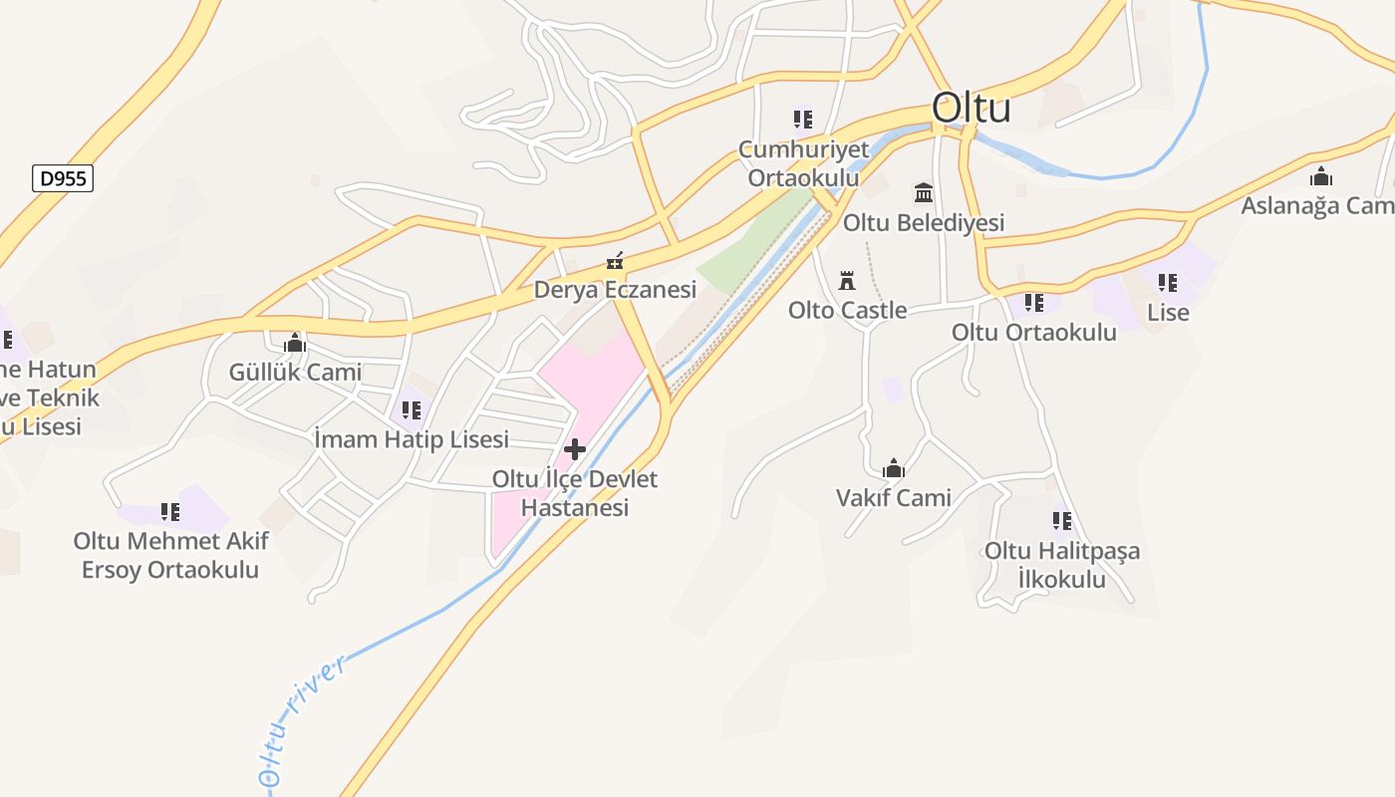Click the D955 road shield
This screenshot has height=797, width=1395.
(x=64, y=179)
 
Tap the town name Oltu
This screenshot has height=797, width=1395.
(x=971, y=108)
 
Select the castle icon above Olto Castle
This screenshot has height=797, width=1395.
(x=847, y=280)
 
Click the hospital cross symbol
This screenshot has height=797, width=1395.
(x=575, y=449)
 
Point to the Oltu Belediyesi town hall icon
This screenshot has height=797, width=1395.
(x=924, y=192)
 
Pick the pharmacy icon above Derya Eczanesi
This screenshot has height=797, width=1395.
(x=615, y=262)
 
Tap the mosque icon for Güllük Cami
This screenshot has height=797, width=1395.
(x=295, y=344)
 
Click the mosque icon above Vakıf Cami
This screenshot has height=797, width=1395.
(x=894, y=468)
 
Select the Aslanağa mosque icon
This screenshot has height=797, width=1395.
(x=1321, y=177)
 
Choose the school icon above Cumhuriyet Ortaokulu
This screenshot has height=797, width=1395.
(x=803, y=120)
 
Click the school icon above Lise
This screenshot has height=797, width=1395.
(x=1168, y=283)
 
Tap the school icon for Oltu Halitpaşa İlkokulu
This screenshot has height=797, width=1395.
(x=1062, y=521)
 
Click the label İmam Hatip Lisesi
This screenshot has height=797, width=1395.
(x=412, y=439)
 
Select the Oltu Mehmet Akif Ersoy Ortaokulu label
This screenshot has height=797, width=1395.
(x=170, y=556)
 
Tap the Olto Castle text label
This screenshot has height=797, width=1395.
(x=847, y=310)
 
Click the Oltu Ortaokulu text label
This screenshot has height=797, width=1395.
(x=1034, y=332)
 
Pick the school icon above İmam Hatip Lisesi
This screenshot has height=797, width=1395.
(x=412, y=409)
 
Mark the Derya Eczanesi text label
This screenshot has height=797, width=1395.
(x=615, y=290)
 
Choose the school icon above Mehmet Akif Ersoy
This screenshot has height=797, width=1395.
(x=170, y=512)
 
